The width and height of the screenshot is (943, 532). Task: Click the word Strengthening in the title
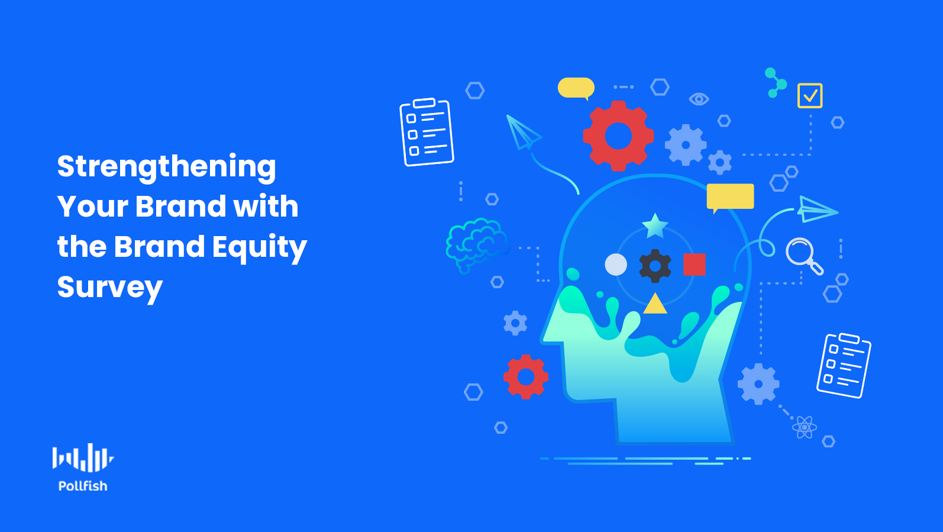167,167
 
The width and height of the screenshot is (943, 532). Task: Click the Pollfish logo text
83,486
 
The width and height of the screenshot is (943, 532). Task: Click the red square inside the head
695,265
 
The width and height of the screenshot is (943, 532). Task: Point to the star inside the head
655,226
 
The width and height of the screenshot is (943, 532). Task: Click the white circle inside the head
616,265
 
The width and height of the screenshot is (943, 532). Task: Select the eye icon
699,99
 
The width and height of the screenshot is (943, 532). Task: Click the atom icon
805,427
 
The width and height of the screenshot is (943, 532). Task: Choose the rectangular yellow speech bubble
731,196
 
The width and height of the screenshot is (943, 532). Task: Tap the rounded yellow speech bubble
576,88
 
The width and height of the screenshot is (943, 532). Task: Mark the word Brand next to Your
181,207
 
